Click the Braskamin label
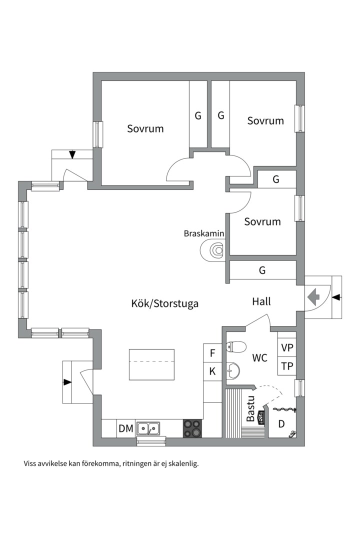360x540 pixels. tap(203, 233)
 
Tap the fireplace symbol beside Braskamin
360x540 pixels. tap(213, 249)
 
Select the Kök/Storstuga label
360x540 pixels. tap(164, 303)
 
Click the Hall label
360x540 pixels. tap(261, 301)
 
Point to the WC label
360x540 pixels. tap(260, 358)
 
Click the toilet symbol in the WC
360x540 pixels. tap(236, 347)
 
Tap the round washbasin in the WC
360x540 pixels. tap(233, 370)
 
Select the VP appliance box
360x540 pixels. tap(287, 347)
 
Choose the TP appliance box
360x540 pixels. tap(287, 366)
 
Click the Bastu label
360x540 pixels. tap(251, 409)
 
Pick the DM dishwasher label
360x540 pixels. tap(126, 429)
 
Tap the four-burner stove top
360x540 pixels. tap(192, 428)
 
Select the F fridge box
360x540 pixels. tap(212, 353)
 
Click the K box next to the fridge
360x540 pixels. tap(212, 371)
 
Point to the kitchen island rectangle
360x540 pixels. tap(151, 364)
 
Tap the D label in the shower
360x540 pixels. tap(281, 424)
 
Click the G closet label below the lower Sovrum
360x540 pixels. tap(262, 270)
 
